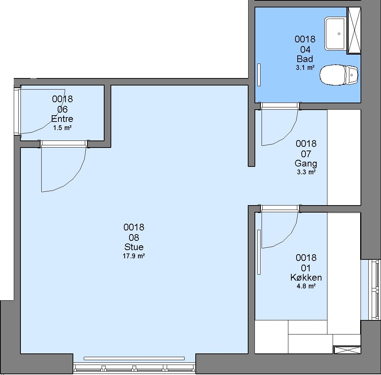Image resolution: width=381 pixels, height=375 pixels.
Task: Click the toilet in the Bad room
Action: click(x=339, y=75)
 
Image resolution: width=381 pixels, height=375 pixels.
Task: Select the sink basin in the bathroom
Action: click(x=335, y=33)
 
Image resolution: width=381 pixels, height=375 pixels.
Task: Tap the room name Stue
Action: click(x=134, y=247)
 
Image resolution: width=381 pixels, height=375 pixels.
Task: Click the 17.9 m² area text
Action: click(x=134, y=256)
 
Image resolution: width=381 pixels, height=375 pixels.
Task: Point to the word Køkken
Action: click(x=306, y=277)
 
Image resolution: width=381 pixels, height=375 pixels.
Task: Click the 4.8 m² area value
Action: click(x=306, y=286)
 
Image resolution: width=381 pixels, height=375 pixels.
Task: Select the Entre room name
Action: click(x=62, y=119)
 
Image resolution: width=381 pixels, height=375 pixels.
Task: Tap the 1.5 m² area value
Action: click(x=62, y=128)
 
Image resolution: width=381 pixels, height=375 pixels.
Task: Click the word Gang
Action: click(x=306, y=164)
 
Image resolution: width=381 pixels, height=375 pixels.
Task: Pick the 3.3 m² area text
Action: click(x=306, y=172)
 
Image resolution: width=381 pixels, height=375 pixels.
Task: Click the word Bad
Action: click(x=305, y=59)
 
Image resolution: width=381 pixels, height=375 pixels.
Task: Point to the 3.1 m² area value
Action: click(x=305, y=68)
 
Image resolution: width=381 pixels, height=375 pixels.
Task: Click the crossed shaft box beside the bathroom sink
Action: click(x=353, y=30)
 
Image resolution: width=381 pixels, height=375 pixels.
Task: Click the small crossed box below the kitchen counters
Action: click(x=348, y=350)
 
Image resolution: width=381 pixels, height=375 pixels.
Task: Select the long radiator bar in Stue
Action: click(x=134, y=359)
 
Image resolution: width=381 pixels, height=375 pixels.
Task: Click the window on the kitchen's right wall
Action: click(x=374, y=290)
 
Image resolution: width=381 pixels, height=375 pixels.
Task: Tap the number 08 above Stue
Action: click(x=134, y=237)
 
